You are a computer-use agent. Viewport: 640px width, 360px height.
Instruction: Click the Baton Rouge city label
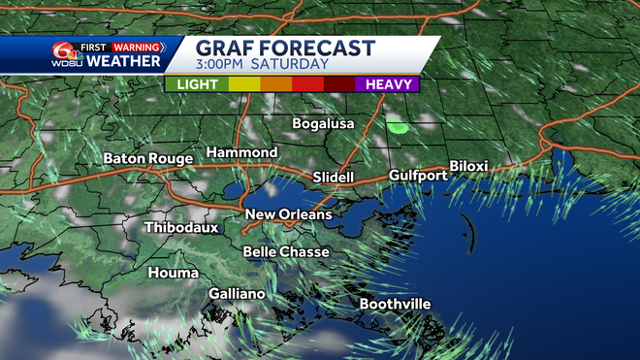pyautogui.click(x=149, y=157)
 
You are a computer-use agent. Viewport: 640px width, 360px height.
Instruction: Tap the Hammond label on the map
pyautogui.click(x=241, y=153)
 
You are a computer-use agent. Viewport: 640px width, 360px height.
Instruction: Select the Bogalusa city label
pyautogui.click(x=325, y=123)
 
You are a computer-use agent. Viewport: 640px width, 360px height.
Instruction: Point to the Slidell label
pyautogui.click(x=334, y=178)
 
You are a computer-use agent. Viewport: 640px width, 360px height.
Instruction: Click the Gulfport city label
pyautogui.click(x=417, y=176)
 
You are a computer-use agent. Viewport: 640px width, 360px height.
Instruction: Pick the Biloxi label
pyautogui.click(x=468, y=166)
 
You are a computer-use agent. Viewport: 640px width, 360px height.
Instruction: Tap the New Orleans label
pyautogui.click(x=288, y=214)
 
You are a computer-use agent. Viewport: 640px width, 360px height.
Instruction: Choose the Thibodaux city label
pyautogui.click(x=181, y=228)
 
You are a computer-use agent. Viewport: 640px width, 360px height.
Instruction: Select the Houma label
pyautogui.click(x=173, y=273)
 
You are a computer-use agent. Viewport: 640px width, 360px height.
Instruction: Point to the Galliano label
pyautogui.click(x=238, y=293)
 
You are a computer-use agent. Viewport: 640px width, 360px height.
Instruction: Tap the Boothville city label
pyautogui.click(x=395, y=304)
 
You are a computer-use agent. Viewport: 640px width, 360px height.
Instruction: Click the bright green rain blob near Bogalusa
pyautogui.click(x=397, y=125)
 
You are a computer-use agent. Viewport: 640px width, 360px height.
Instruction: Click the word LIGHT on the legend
pyautogui.click(x=196, y=84)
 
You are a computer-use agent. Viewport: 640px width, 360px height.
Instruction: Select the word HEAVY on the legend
pyautogui.click(x=385, y=84)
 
